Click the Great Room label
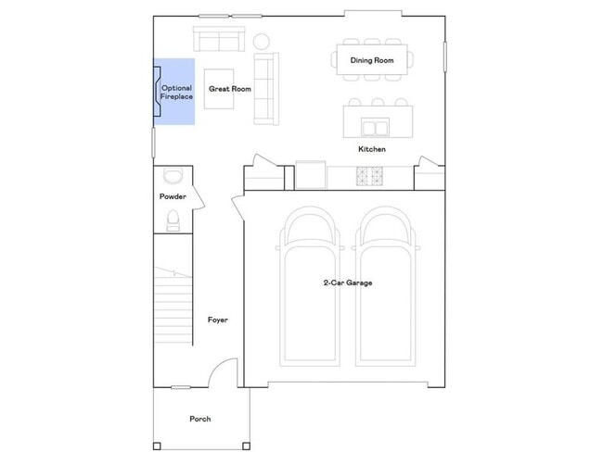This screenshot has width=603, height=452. point(230,90)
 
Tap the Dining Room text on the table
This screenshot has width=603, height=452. point(372,61)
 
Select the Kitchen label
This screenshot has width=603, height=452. point(372,149)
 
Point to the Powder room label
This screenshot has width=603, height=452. point(173,197)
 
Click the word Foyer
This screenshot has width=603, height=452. point(217,320)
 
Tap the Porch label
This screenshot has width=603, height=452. point(199,419)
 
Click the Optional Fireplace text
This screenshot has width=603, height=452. point(176,93)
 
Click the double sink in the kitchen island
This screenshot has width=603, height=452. point(375,127)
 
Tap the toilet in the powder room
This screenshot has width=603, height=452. point(173,220)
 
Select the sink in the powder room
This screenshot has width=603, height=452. point(173,176)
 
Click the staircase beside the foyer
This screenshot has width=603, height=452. point(173,306)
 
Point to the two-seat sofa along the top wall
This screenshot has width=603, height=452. point(218,39)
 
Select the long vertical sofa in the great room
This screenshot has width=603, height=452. point(266,88)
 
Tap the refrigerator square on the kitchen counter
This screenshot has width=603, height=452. point(312,174)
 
